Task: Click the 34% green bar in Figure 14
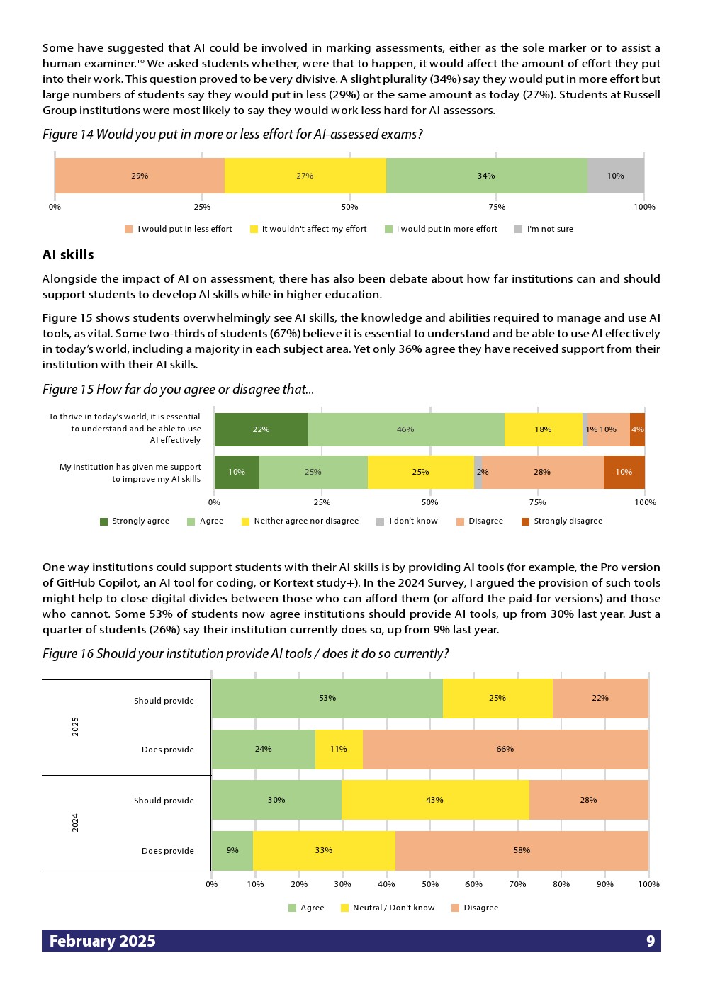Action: point(486,176)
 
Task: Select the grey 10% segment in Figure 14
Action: point(615,176)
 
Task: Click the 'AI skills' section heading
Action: point(68,255)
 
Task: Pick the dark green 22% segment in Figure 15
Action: point(261,429)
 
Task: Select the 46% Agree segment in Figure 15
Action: point(405,429)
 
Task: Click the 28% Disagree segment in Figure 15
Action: point(542,472)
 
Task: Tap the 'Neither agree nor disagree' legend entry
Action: point(300,521)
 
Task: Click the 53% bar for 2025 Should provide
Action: point(327,698)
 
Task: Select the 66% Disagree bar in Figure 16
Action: point(505,749)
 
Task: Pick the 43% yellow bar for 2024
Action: point(434,800)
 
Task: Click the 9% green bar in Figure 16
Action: point(232,850)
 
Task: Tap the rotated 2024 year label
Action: point(75,823)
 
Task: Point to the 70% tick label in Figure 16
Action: point(517,884)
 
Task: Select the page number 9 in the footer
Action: point(651,941)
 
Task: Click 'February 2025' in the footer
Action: point(103,941)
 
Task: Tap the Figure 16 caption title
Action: point(245,653)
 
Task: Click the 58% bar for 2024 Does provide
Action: point(522,850)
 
